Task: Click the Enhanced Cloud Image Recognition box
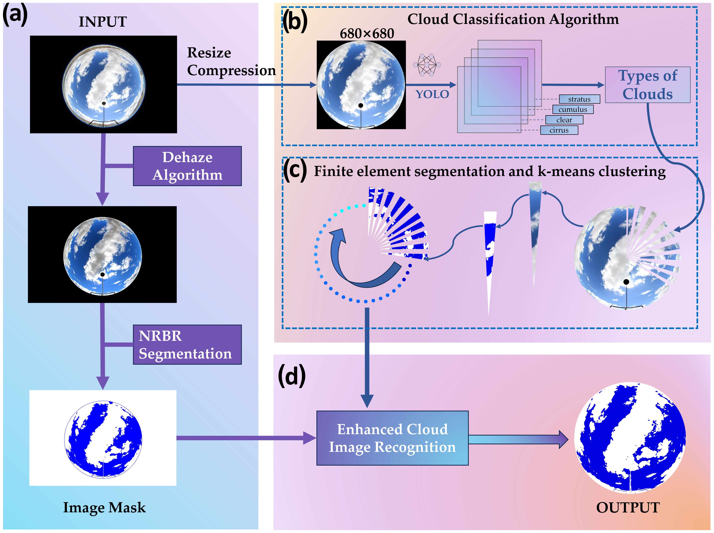[x=392, y=438]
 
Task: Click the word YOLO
[x=432, y=94]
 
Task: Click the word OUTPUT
[x=628, y=507]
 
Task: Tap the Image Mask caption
[x=104, y=507]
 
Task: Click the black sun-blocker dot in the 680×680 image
[x=361, y=106]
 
